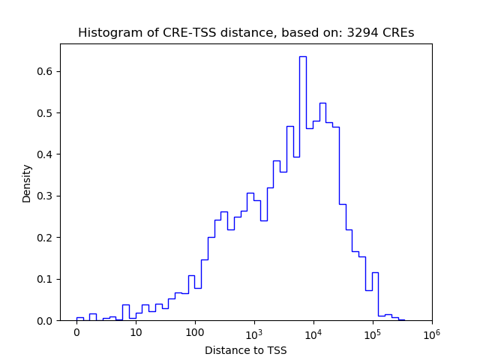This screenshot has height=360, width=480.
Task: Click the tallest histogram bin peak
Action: point(302,57)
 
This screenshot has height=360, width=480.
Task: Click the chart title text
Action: point(246,33)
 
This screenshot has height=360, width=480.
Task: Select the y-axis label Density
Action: point(27,184)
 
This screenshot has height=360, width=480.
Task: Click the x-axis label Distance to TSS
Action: point(246,349)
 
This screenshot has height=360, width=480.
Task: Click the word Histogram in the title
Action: point(106,33)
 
